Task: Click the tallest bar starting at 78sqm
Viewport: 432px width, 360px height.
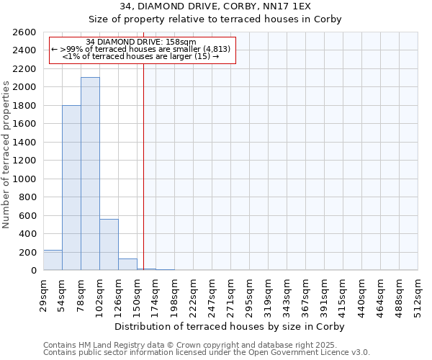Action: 90,174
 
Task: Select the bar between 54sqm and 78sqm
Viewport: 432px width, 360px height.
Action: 71,187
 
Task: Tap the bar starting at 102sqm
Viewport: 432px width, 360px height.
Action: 109,245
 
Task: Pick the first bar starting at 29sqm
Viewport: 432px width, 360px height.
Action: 53,260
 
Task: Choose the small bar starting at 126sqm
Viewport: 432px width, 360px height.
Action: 127,264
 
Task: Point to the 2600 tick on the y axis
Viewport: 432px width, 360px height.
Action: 24,32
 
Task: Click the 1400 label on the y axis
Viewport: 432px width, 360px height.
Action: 24,143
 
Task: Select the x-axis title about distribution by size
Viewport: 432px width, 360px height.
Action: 230,326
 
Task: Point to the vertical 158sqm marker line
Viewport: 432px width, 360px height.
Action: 143,166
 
